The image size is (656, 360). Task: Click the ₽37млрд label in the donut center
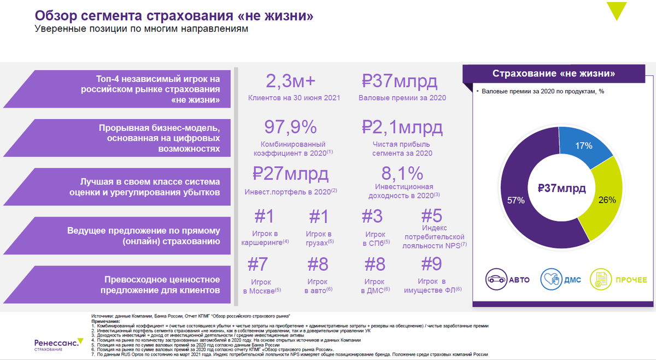pyautogui.click(x=561, y=189)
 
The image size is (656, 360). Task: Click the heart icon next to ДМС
pyautogui.click(x=550, y=280)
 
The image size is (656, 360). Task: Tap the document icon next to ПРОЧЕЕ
pyautogui.click(x=600, y=280)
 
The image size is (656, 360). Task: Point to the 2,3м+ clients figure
pyautogui.click(x=290, y=82)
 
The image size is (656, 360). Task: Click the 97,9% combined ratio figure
pyautogui.click(x=290, y=127)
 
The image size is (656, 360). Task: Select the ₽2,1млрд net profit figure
pyautogui.click(x=402, y=127)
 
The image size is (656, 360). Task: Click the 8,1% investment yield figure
pyautogui.click(x=402, y=174)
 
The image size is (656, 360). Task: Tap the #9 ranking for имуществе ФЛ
pyautogui.click(x=431, y=264)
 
